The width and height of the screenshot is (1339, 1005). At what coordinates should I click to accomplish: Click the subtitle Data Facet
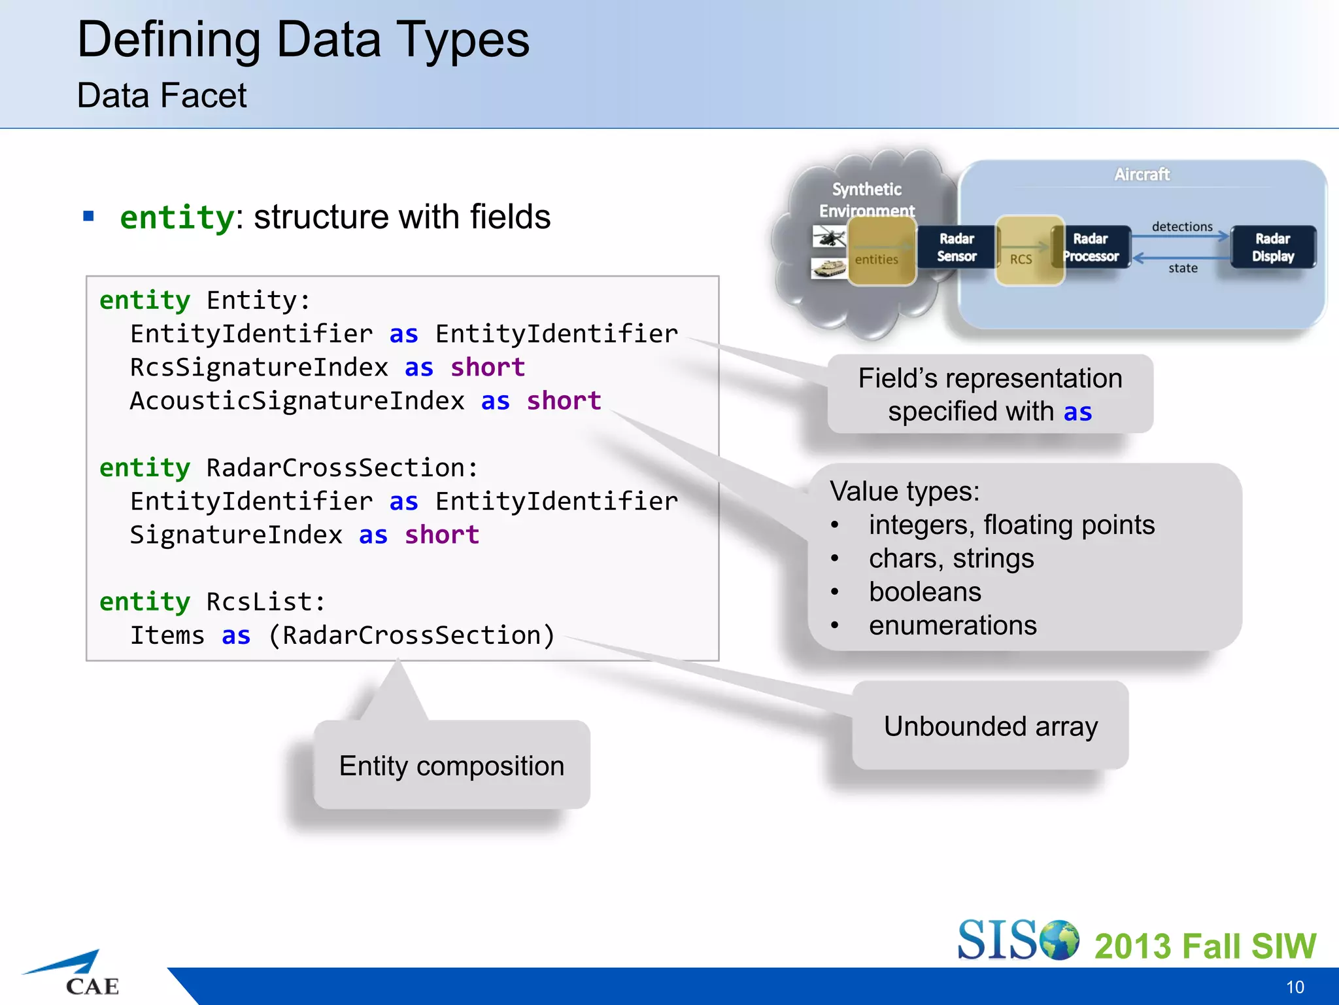(161, 96)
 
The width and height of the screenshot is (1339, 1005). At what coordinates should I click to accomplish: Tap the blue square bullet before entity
(89, 216)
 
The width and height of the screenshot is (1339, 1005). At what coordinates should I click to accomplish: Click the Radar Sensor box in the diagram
(956, 247)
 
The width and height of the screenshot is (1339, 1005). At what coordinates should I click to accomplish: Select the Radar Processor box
(1091, 247)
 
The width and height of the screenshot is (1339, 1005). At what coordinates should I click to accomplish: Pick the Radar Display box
(1272, 247)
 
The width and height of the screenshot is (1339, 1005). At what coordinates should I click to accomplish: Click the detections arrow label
(1181, 226)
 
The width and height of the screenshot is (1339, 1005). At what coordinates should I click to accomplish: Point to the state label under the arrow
(1183, 268)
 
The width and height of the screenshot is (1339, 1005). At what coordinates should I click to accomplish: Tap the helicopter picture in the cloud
(828, 236)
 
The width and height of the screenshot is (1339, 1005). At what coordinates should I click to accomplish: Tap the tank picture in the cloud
(828, 268)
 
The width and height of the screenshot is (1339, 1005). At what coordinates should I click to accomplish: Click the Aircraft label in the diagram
(1142, 175)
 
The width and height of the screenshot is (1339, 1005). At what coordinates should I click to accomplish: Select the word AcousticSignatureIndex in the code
(297, 400)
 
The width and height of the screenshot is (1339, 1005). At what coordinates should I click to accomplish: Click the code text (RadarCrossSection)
(411, 635)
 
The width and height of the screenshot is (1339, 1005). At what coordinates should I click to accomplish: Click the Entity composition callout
(451, 766)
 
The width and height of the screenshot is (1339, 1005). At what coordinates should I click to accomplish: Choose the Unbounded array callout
(990, 726)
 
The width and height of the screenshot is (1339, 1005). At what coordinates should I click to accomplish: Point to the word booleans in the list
(924, 592)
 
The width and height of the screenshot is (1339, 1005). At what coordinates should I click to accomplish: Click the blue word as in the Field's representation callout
(1077, 412)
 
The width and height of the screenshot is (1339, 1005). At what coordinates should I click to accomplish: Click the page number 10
(1295, 987)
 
